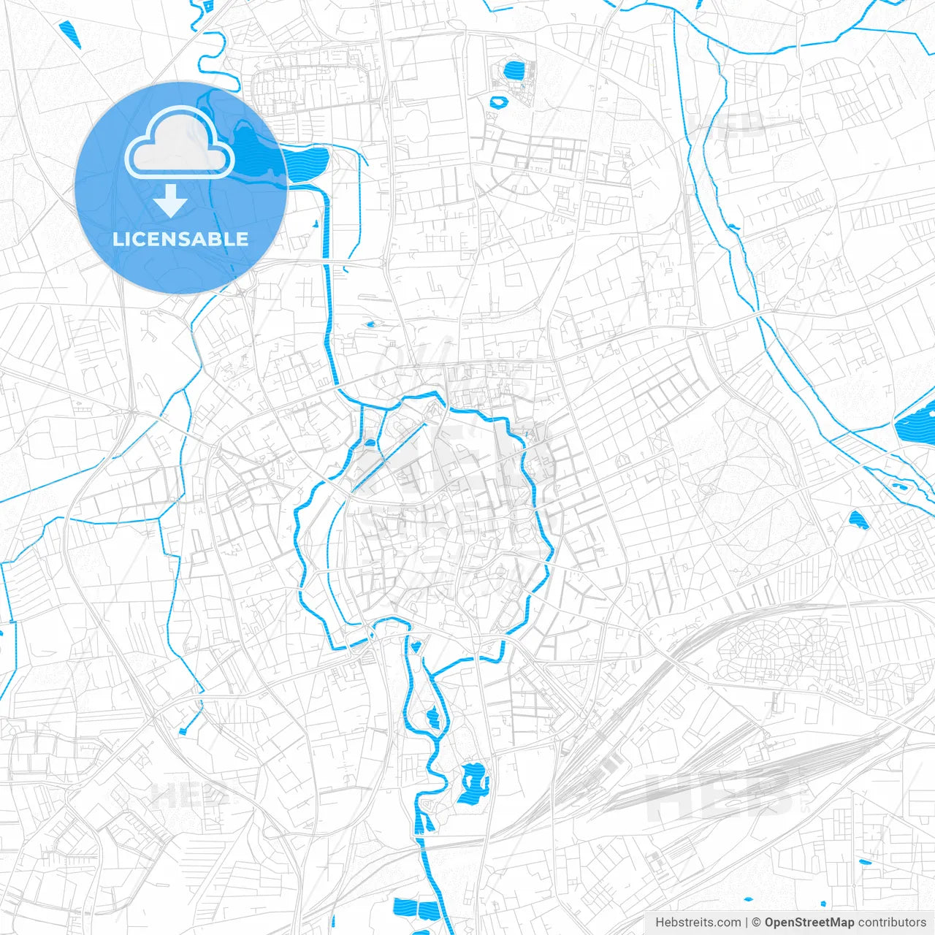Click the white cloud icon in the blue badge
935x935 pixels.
point(180,144)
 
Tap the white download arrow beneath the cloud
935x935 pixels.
point(171,200)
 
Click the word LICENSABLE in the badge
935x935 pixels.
point(180,239)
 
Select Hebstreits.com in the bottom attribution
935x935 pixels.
point(698,923)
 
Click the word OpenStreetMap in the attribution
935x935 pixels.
point(809,923)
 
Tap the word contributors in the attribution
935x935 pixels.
point(892,923)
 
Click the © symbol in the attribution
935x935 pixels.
point(757,923)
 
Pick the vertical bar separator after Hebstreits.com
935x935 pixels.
point(747,923)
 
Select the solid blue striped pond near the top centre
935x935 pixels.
point(514,71)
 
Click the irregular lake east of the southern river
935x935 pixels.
point(473,783)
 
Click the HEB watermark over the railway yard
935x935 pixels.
point(720,796)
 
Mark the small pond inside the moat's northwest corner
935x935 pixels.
point(370,442)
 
